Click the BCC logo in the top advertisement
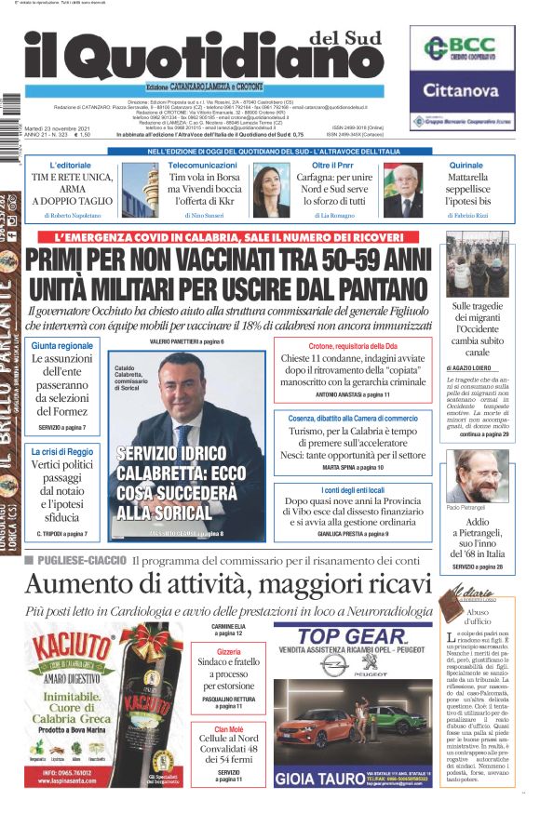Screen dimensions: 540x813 coord(464,49)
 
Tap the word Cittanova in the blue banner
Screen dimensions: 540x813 coord(462,90)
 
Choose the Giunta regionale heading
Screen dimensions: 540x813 coord(62,346)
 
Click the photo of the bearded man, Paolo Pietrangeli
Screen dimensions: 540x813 coord(478,476)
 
